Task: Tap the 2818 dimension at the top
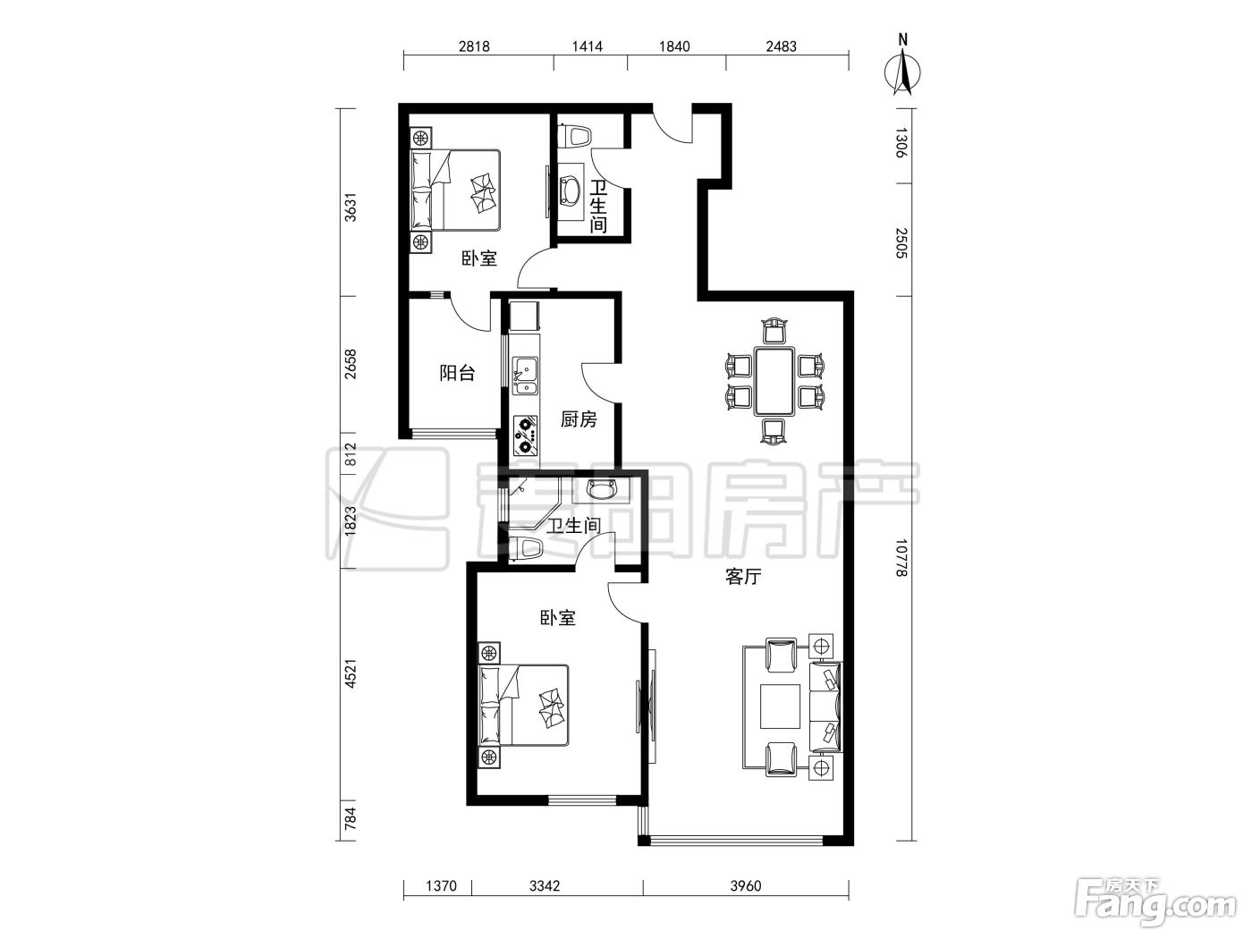pos(474,47)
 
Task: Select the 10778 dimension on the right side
pos(901,557)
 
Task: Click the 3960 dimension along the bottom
pos(746,885)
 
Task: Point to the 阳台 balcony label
pos(458,373)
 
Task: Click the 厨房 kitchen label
pos(579,419)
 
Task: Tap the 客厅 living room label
pos(743,577)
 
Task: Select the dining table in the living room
pos(774,381)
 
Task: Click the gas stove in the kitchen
pos(525,436)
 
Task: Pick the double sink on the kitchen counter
pos(525,376)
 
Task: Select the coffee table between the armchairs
pos(780,706)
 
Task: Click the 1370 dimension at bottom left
pos(442,885)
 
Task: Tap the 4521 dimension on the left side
pos(350,673)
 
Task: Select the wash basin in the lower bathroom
pos(602,490)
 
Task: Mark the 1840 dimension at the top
pos(675,47)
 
